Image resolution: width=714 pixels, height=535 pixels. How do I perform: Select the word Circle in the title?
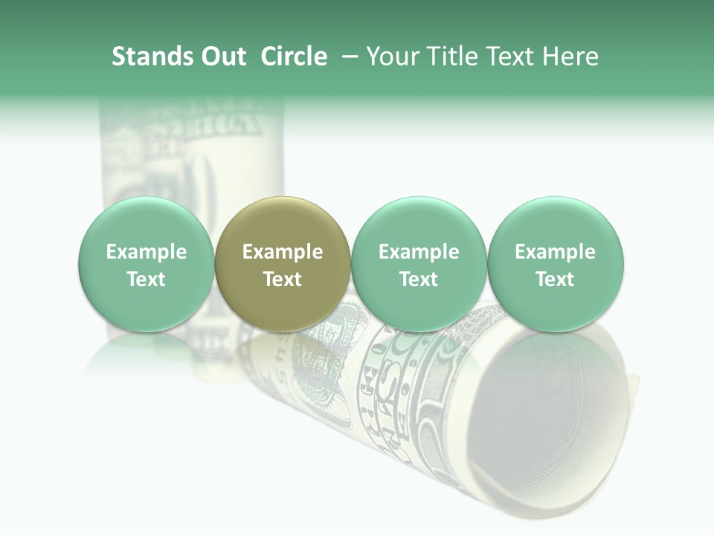coord(294,56)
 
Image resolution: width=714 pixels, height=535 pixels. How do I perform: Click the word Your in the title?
coord(392,56)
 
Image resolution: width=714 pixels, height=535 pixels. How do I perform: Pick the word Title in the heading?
coord(448,56)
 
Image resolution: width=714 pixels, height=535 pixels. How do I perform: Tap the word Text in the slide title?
coord(506,56)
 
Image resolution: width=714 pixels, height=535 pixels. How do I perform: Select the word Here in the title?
coord(570,56)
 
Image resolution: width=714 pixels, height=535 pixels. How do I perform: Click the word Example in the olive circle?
coord(283,252)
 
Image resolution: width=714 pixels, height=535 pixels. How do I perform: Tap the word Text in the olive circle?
coord(283,279)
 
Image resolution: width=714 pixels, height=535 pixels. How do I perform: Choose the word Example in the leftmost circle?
coord(147,252)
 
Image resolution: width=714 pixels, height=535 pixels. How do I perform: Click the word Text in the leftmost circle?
coord(147,279)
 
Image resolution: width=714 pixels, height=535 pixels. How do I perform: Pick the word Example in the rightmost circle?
coord(556,252)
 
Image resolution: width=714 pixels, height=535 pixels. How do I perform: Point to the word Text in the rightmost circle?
coord(556,279)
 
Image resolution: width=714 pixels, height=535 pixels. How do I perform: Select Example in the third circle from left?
coord(419,252)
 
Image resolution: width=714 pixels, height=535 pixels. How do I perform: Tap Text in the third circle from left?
coord(419,279)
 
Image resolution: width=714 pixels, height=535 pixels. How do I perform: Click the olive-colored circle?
coord(283,223)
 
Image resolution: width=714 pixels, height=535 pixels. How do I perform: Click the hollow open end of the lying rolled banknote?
coord(550,424)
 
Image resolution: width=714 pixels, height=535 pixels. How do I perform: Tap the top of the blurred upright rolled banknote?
coord(192,111)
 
